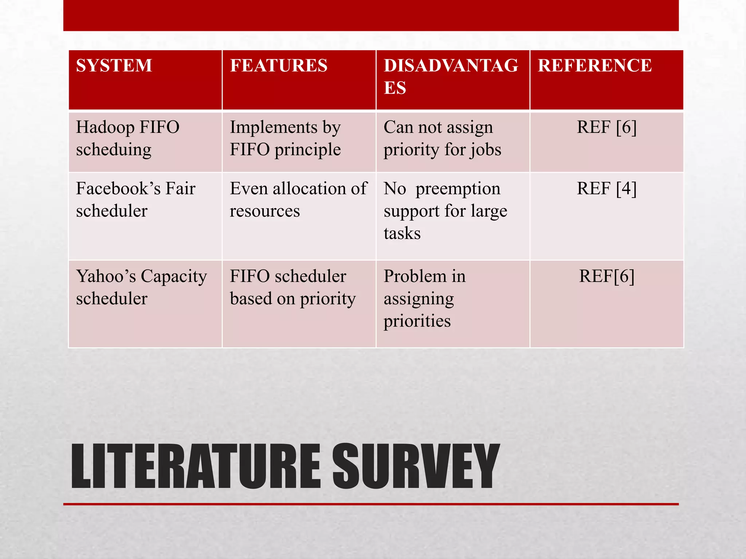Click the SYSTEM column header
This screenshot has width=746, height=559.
coord(114,66)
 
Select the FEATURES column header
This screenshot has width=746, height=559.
coord(279,66)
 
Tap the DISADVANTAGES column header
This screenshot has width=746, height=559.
coord(451,77)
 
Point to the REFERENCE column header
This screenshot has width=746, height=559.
coord(594,66)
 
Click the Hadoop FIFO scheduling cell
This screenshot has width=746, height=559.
coord(127,138)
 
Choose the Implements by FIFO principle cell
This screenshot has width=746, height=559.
coord(285,138)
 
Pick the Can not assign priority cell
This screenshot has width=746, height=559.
coord(442,138)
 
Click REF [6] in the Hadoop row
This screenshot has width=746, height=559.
coord(606,127)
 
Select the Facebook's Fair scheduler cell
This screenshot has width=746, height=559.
coord(136,199)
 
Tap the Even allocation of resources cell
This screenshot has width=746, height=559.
coord(298,199)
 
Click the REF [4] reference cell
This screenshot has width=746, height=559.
coord(606,189)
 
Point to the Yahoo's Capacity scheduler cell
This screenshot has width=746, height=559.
coord(141,287)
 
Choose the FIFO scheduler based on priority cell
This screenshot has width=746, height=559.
coord(292,287)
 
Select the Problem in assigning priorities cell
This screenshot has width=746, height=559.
coord(424,298)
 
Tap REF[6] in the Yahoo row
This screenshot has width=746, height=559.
coord(606,276)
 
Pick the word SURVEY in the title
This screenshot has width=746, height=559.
coord(415,467)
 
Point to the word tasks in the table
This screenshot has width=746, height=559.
coord(402,233)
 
